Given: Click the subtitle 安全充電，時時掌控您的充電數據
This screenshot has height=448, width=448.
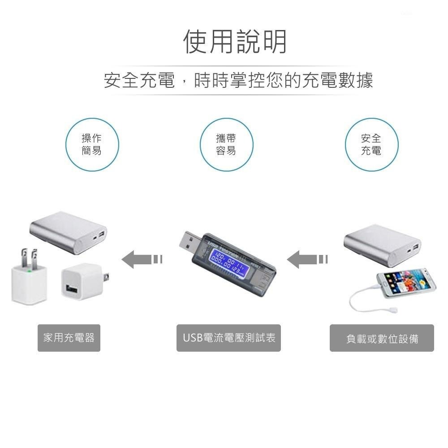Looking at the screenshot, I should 238,81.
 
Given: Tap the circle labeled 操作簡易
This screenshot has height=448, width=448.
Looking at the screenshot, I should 92,145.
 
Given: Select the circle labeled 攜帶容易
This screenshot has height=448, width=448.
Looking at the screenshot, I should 226,145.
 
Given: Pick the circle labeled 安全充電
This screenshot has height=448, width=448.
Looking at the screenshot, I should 371,145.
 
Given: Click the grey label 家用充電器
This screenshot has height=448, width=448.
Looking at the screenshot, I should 69,338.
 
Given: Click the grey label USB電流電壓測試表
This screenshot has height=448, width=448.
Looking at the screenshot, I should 228,338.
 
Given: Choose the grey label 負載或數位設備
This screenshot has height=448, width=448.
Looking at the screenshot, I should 382,338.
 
